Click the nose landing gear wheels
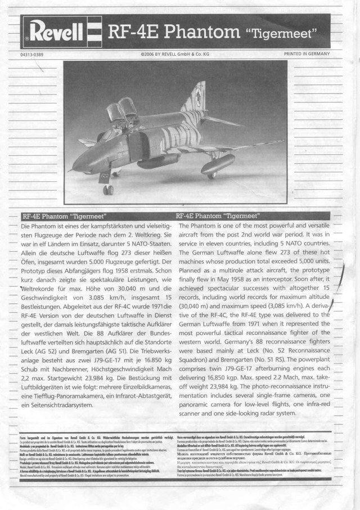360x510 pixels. pyautogui.click(x=108, y=190)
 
